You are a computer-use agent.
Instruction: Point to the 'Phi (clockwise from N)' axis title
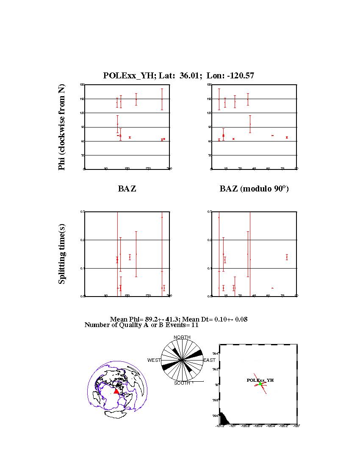[x=62, y=127]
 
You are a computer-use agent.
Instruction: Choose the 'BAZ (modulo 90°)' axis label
[x=254, y=189]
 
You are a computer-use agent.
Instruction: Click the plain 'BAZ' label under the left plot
[x=127, y=189]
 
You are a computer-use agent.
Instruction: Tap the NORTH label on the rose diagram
[x=182, y=337]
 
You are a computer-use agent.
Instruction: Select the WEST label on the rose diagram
[x=154, y=360]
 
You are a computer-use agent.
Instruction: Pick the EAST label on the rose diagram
[x=209, y=360]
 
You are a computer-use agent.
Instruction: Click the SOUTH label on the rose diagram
[x=182, y=383]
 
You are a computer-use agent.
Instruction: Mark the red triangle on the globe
[x=116, y=391]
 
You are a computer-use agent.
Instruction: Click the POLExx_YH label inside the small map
[x=260, y=380]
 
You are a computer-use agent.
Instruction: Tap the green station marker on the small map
[x=260, y=384]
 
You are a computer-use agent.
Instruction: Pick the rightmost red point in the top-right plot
[x=287, y=137]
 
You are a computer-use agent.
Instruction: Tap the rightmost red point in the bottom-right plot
[x=287, y=257]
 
